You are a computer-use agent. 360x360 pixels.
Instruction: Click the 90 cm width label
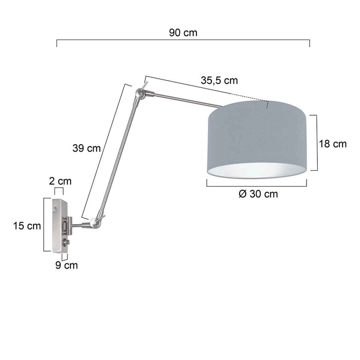[x=183, y=32]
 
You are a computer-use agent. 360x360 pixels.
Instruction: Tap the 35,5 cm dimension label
[x=219, y=80]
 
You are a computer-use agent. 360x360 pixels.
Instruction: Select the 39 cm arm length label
[x=86, y=148]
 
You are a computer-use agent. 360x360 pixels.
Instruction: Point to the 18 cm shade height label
[x=333, y=144]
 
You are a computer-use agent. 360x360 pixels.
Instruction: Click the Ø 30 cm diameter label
[x=259, y=194]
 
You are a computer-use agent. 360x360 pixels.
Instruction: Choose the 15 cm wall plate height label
[x=27, y=225]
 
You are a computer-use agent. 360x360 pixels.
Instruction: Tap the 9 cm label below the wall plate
[x=67, y=265]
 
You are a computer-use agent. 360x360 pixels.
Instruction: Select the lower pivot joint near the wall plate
[x=94, y=222]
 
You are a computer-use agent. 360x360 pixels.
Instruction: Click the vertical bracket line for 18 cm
[x=314, y=142]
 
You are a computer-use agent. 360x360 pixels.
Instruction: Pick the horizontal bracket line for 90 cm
[x=183, y=40]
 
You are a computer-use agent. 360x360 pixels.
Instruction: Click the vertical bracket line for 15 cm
[x=44, y=225]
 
